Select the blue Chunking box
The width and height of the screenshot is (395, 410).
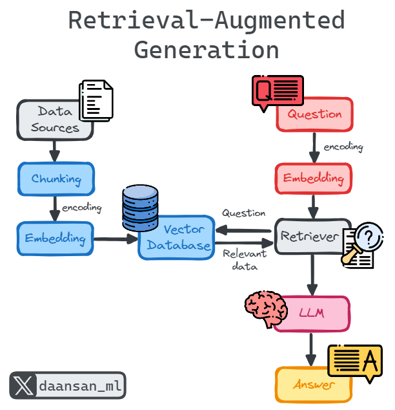(x=56, y=178)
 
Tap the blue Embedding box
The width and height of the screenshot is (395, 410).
(x=56, y=239)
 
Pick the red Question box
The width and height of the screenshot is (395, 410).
(x=314, y=115)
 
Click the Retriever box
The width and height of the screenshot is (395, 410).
(x=310, y=237)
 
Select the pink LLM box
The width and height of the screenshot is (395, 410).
(x=311, y=314)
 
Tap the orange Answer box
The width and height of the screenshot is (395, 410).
(x=314, y=385)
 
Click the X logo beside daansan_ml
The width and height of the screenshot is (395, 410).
(x=23, y=386)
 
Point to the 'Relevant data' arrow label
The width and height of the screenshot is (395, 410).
(x=243, y=260)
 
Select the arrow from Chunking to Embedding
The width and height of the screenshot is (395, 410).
(x=55, y=208)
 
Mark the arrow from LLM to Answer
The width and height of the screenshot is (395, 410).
(x=312, y=349)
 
